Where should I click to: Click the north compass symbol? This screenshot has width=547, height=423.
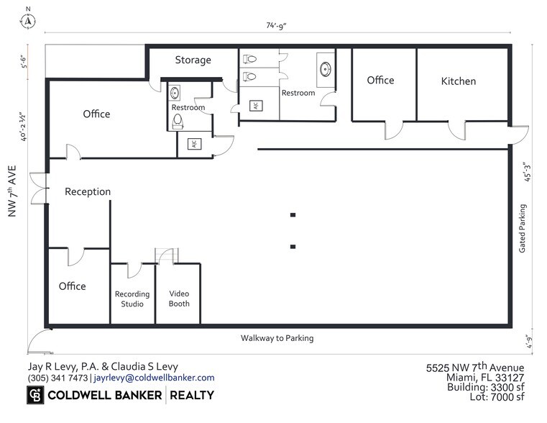29,19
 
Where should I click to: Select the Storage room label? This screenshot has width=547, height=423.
193,60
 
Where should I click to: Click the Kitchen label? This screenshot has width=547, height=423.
458,81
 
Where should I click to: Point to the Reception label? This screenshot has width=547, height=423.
88,192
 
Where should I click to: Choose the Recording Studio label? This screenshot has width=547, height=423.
132,299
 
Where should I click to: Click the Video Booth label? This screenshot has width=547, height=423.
179,299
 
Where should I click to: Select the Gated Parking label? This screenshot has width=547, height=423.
523,228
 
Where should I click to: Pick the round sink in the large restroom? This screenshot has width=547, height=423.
325,70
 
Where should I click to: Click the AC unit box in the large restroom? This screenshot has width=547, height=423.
254,105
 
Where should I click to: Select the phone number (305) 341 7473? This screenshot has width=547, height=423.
58,378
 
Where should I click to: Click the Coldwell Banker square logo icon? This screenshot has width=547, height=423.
35,396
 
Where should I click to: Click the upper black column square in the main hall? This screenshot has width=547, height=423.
293,214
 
